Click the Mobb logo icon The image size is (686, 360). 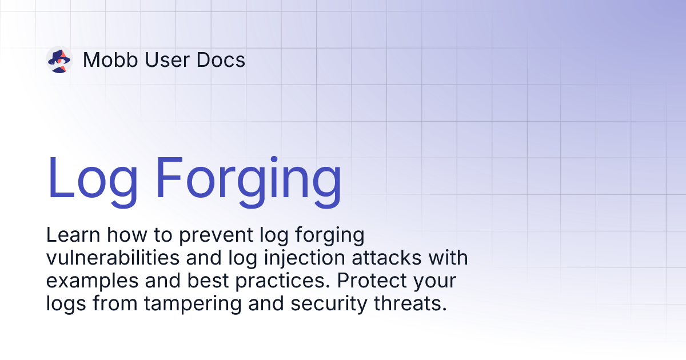click(x=59, y=59)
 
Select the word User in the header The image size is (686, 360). click(x=161, y=60)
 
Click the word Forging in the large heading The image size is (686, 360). click(x=249, y=177)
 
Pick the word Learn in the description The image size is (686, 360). click(x=70, y=235)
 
